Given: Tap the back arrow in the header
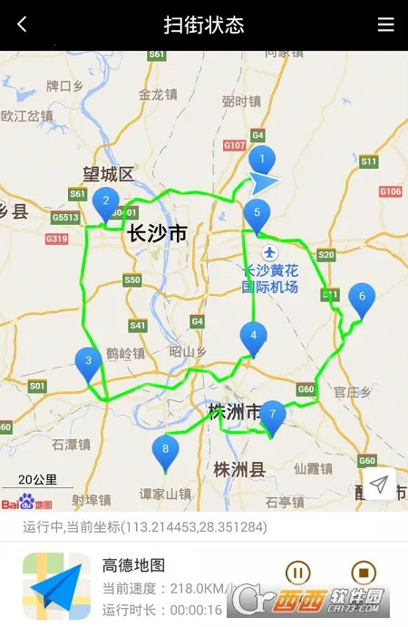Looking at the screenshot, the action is click(x=22, y=24).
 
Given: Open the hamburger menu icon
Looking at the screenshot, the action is click(x=386, y=24).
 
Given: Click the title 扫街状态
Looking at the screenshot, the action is click(x=204, y=24).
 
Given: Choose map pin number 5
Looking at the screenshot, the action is click(x=257, y=215).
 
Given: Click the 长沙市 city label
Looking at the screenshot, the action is click(x=157, y=233).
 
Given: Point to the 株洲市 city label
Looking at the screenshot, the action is click(x=234, y=412).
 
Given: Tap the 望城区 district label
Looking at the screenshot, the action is click(x=108, y=174).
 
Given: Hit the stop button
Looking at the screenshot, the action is click(x=363, y=573).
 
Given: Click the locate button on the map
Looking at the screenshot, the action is click(x=379, y=485).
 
